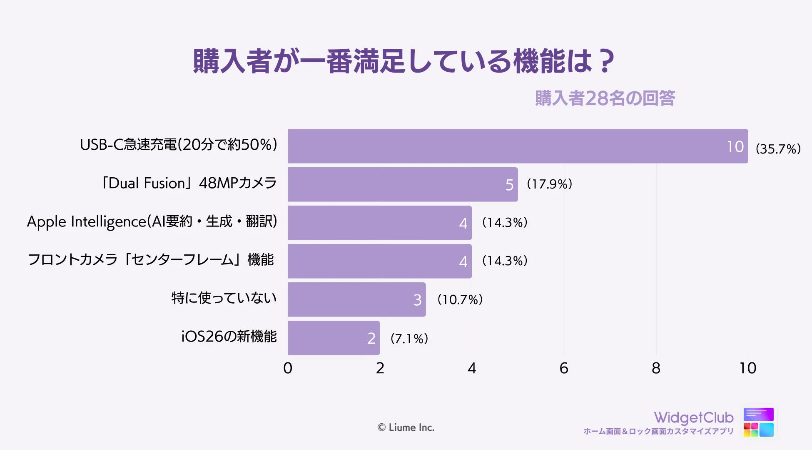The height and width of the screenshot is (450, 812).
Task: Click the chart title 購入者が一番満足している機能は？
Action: click(x=403, y=61)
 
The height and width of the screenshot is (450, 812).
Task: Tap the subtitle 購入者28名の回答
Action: click(x=605, y=98)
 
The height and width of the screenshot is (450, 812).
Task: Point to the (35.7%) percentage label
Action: click(x=778, y=149)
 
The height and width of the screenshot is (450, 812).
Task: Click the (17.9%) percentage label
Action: click(x=549, y=184)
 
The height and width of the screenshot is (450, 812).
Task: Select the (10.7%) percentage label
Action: click(x=460, y=299)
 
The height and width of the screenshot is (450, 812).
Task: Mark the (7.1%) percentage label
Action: click(x=409, y=338)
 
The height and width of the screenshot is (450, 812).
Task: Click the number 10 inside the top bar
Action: click(x=735, y=147)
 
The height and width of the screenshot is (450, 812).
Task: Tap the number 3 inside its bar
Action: click(x=417, y=300)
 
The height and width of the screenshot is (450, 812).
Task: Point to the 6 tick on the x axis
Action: click(x=564, y=368)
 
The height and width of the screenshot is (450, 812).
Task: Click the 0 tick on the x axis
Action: click(x=288, y=368)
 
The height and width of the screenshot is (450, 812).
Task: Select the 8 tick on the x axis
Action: click(x=656, y=368)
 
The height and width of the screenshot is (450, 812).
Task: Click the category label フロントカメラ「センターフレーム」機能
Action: click(x=151, y=260)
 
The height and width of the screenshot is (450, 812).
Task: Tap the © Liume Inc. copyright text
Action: click(x=406, y=427)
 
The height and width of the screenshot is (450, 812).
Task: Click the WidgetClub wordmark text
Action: click(x=693, y=417)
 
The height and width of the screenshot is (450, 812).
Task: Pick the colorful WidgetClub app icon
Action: click(x=758, y=422)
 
